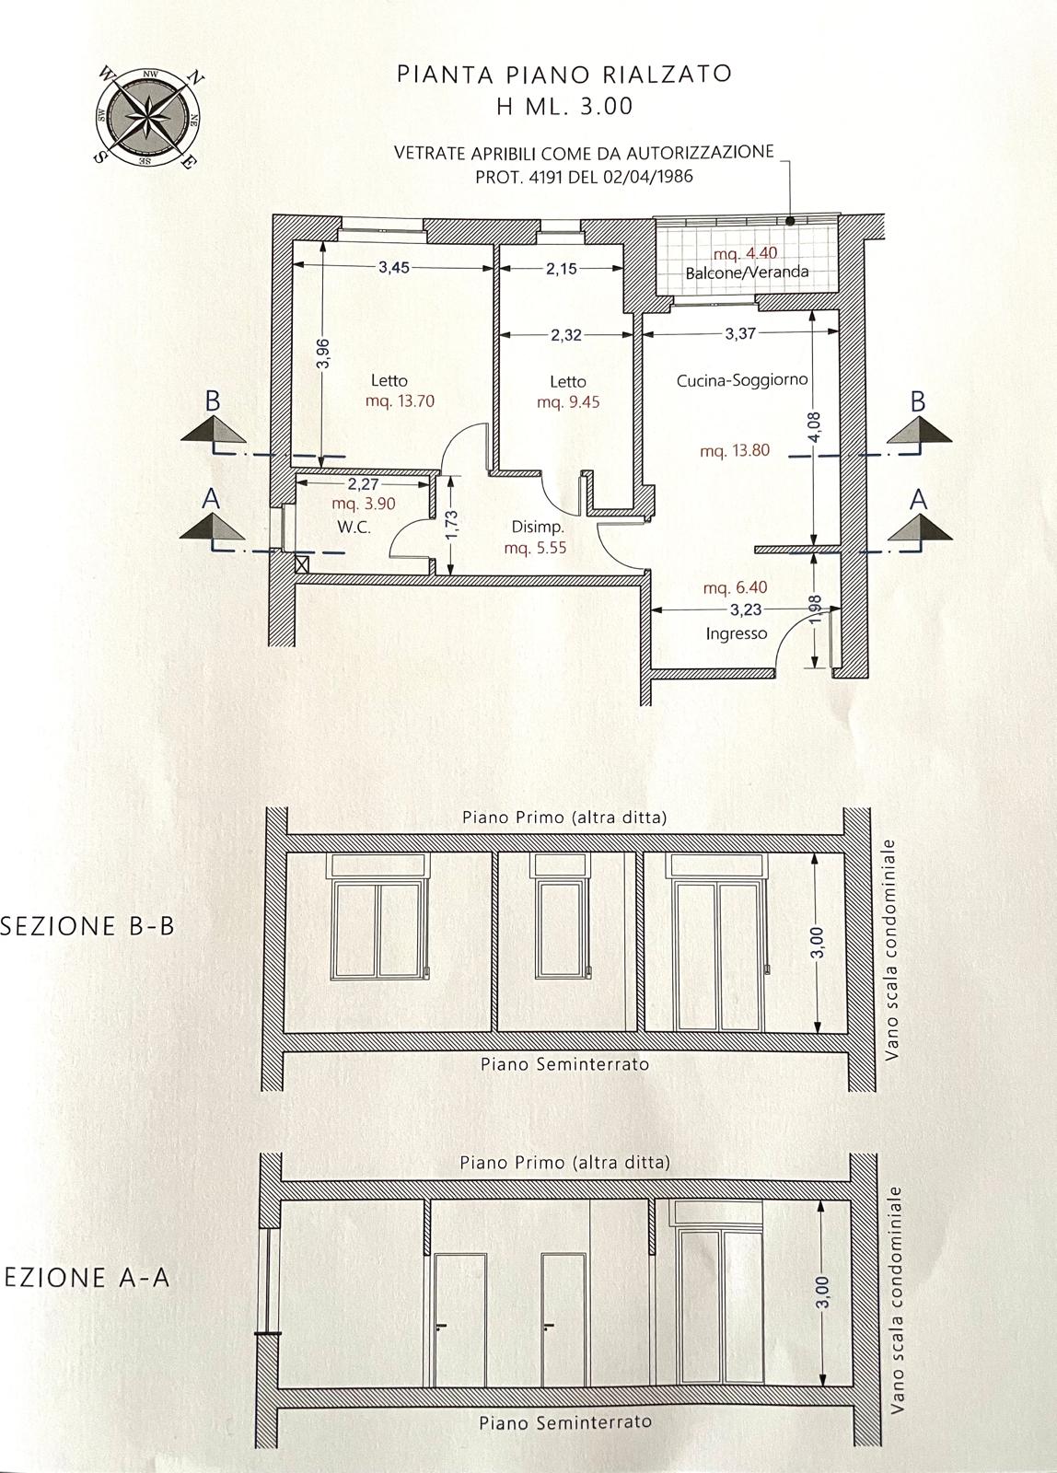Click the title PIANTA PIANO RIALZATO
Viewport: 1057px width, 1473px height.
[564, 74]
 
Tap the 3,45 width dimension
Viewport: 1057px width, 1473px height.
[394, 267]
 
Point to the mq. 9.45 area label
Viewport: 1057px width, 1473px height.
[568, 401]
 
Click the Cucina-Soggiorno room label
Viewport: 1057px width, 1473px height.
[742, 380]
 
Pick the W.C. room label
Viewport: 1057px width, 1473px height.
[354, 527]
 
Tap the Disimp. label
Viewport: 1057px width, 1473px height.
[538, 527]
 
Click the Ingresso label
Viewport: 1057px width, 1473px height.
[737, 633]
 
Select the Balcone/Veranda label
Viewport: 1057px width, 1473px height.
[748, 272]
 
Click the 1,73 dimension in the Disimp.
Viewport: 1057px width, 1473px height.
[451, 528]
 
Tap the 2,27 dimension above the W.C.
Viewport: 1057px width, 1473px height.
[364, 484]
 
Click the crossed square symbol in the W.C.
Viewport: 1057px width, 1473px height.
[303, 563]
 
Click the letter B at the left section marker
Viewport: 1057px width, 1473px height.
[213, 401]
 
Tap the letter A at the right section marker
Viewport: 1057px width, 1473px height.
[918, 501]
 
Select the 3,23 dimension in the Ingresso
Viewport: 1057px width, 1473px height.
[746, 609]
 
